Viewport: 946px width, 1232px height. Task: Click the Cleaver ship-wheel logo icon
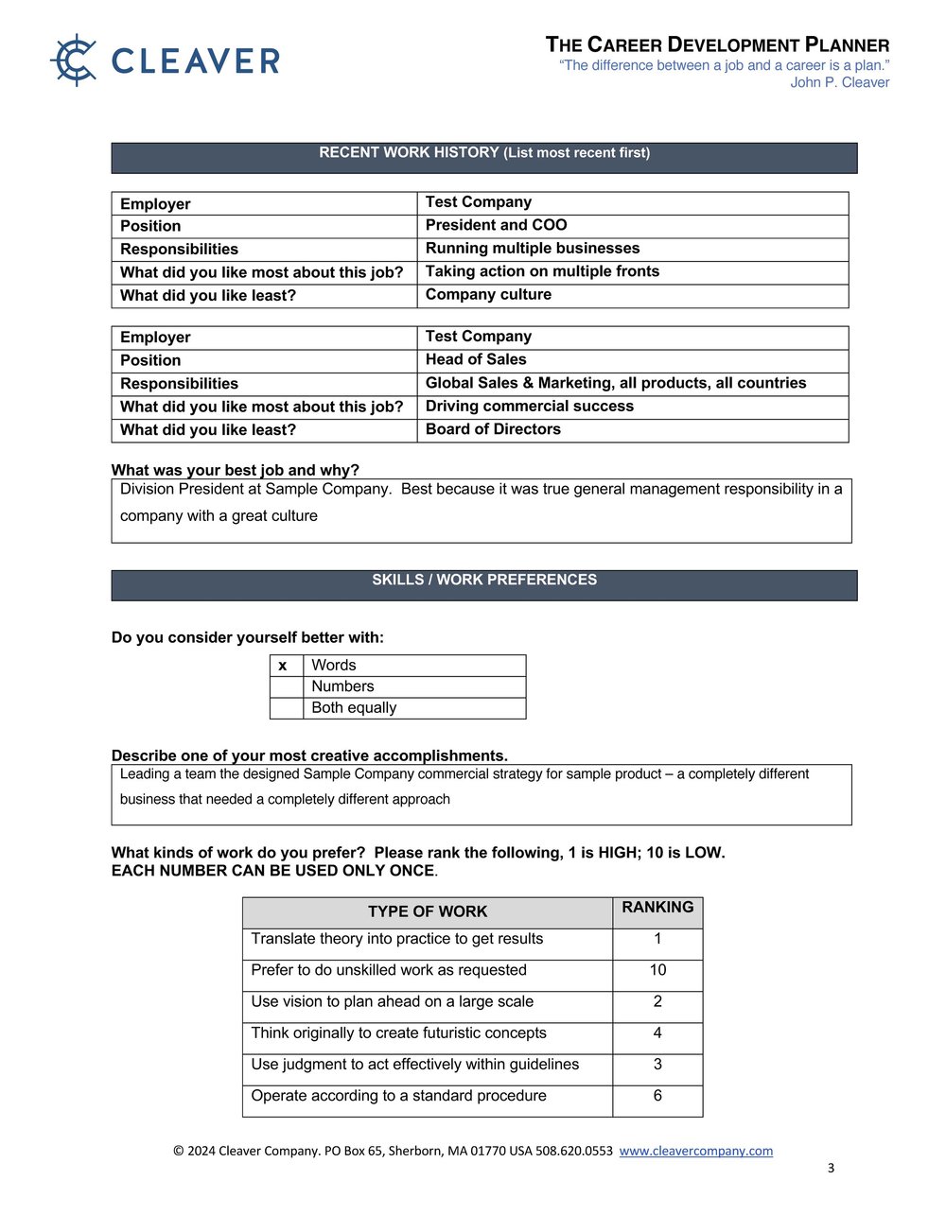[74, 61]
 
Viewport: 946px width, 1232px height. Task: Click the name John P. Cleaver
[839, 82]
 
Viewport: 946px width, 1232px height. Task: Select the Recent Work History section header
[483, 153]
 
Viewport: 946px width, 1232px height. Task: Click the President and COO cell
[496, 225]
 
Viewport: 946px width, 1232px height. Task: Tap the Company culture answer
[488, 294]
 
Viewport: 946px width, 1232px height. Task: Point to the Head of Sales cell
[476, 359]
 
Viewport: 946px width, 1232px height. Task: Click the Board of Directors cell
[493, 429]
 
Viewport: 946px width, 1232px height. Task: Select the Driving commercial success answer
[529, 406]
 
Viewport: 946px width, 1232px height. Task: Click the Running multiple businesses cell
[532, 248]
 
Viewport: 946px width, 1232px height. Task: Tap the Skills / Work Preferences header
[483, 581]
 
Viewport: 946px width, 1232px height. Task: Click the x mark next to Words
[282, 666]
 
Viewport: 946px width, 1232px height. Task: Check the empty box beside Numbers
[286, 686]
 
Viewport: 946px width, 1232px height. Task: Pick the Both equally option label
[354, 707]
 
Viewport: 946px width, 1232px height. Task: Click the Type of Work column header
[427, 911]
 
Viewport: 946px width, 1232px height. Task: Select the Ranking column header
[657, 908]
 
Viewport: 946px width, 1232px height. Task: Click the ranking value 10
[657, 970]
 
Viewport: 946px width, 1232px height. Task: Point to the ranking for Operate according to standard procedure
[657, 1096]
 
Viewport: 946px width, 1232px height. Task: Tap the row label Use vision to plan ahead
[392, 1001]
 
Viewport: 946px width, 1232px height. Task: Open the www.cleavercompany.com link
[695, 1151]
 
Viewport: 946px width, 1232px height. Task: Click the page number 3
[831, 1168]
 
